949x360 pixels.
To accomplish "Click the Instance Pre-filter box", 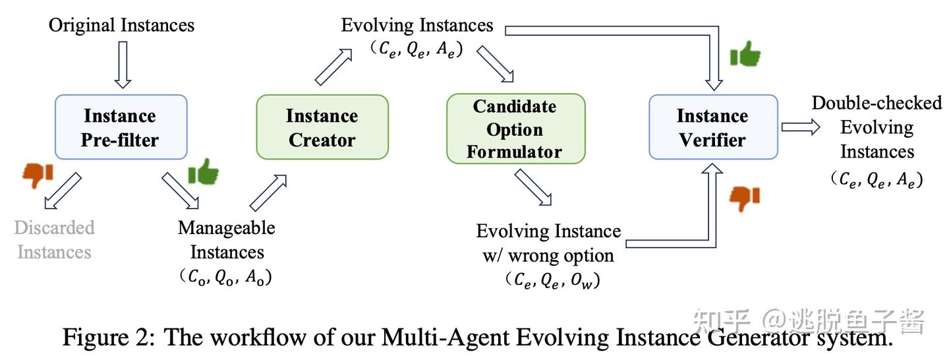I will click(121, 127).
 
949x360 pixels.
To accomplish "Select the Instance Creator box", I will click(322, 127).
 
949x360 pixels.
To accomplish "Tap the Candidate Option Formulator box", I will click(516, 129).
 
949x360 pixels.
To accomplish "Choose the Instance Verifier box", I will click(713, 127).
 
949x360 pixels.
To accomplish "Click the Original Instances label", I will click(122, 26).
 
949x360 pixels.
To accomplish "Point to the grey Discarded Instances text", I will click(55, 240).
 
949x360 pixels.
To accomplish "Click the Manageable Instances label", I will click(227, 240).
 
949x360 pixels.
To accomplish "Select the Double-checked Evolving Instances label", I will click(877, 127).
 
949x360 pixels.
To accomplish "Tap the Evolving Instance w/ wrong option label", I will click(548, 243).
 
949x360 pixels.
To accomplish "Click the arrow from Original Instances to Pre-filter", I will click(122, 65).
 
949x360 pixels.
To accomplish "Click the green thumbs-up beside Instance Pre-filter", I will click(203, 171).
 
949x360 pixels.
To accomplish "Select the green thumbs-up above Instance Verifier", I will click(745, 55).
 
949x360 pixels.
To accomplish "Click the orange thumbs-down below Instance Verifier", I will click(745, 197).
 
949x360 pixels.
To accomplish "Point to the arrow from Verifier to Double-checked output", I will click(800, 127).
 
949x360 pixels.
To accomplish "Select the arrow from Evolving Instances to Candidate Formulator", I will click(495, 64).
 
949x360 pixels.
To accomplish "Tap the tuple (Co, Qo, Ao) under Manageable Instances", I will click(226, 278).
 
